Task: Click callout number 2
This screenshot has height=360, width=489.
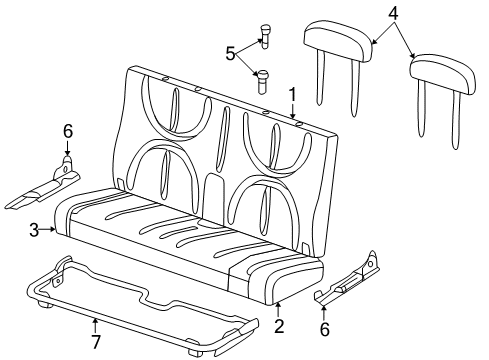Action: click(279, 325)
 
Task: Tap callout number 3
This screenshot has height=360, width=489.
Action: click(33, 230)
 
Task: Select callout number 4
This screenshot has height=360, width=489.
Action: click(392, 13)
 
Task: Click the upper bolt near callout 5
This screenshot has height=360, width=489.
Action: click(265, 36)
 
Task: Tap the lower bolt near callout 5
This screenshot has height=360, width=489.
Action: click(263, 77)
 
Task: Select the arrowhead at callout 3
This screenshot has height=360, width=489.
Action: click(51, 230)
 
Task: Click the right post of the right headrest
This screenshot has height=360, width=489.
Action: click(461, 125)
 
